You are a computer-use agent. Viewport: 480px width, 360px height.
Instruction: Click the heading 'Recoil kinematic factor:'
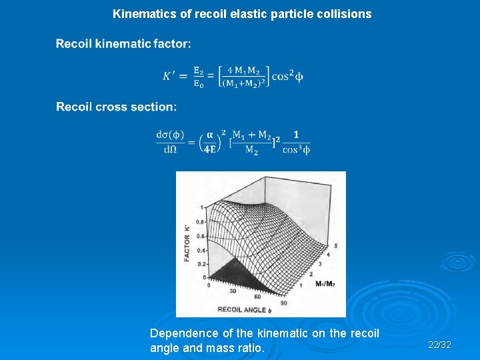coord(123,44)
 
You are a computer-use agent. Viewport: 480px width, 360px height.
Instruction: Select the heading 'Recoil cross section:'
coord(117,107)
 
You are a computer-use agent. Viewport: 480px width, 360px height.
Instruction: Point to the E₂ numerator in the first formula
coord(199,69)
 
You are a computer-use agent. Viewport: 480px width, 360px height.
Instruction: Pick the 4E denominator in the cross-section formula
coord(209,149)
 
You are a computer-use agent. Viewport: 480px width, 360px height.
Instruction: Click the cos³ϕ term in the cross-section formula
coord(296,149)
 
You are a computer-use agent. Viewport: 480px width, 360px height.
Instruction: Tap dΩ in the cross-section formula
coord(170,149)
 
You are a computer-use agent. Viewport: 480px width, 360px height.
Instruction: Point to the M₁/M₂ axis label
coord(324,284)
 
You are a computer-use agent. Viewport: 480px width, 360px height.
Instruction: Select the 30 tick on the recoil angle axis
coord(233,291)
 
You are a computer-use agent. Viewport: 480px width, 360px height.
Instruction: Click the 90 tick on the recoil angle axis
coord(284,303)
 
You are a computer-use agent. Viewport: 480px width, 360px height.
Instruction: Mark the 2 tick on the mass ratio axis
coord(311,273)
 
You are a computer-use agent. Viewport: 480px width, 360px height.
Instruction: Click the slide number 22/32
coord(439,345)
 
